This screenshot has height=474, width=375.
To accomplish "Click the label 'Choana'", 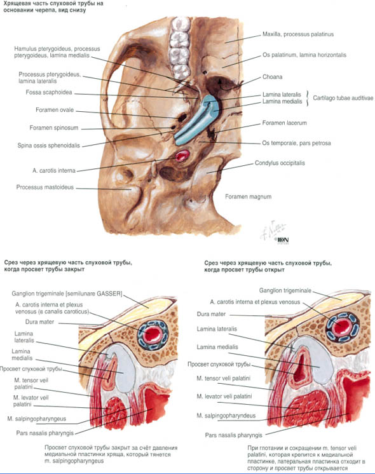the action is [272, 77].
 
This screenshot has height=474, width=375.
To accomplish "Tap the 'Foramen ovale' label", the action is [55, 110].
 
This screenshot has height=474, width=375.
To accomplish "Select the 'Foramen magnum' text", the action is [248, 197].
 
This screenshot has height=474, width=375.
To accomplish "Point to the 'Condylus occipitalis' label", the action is [280, 163].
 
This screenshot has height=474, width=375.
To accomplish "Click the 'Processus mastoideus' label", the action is [45, 187].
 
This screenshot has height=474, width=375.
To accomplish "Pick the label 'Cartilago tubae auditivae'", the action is [343, 98].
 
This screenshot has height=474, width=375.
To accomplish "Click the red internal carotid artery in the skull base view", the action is [182, 156].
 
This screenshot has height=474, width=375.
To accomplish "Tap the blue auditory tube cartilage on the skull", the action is [196, 119].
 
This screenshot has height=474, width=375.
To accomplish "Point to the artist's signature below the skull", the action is [274, 231].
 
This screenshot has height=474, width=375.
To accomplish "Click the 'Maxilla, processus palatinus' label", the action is [298, 34].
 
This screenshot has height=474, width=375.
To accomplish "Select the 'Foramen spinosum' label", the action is [54, 128].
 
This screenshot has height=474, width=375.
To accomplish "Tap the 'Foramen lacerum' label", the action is [284, 123].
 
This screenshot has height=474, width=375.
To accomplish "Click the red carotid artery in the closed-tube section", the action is [153, 334].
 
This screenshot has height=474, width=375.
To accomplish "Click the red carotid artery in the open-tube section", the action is [343, 327].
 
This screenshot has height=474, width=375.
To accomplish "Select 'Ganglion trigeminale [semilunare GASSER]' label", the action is [67, 294].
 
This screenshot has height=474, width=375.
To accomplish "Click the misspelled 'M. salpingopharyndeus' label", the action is [226, 416].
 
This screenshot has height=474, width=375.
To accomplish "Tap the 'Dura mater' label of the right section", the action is [211, 314].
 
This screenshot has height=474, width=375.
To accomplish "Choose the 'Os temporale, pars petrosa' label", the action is [296, 143].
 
